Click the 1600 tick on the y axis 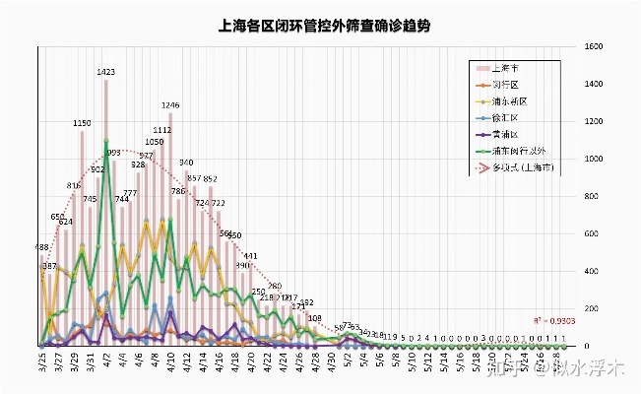click(x=593, y=46)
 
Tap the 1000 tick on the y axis click(x=593, y=159)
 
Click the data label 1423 click(x=106, y=72)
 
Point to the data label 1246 click(x=170, y=104)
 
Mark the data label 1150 click(x=82, y=123)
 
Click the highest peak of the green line click(x=106, y=142)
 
